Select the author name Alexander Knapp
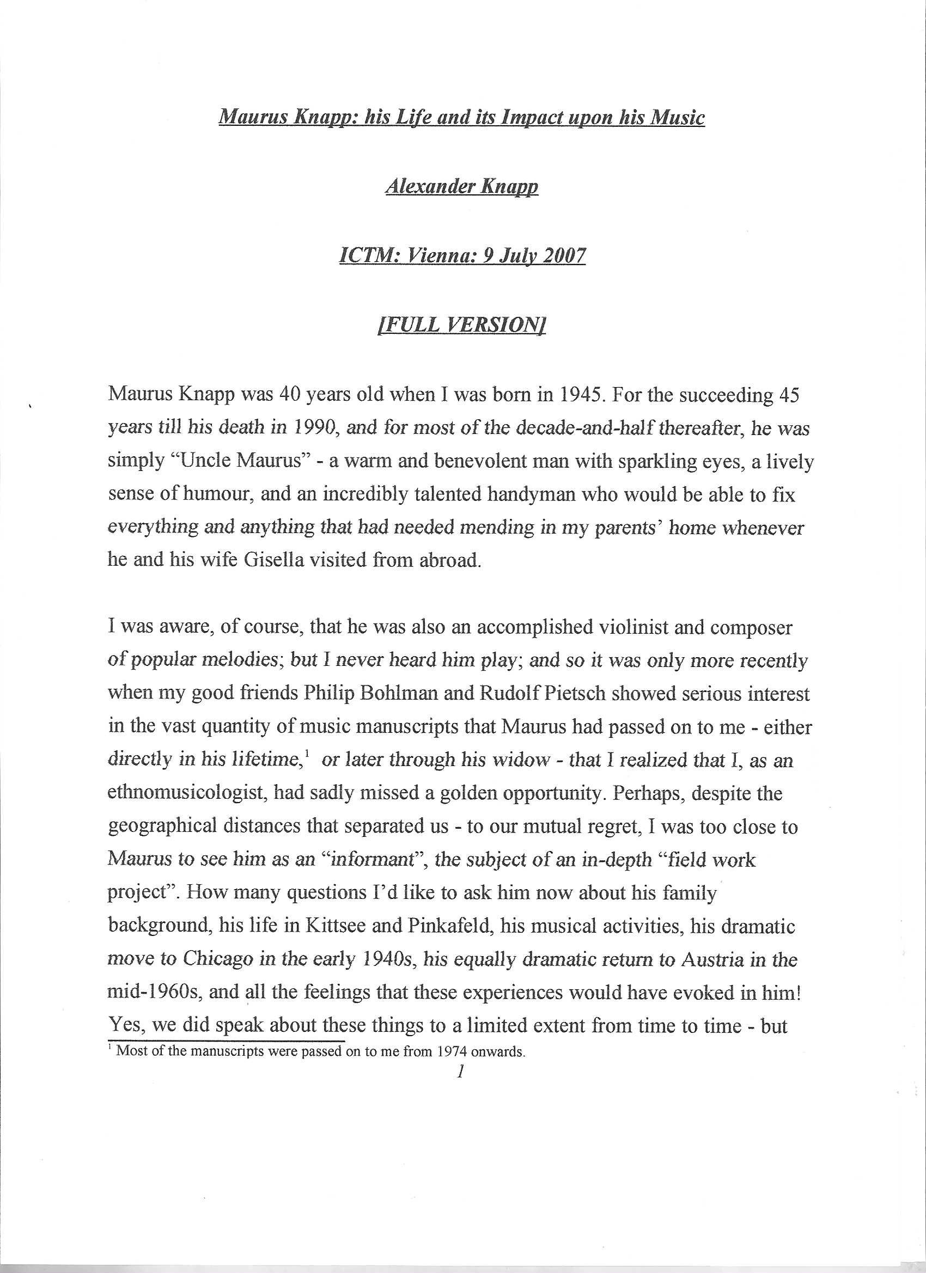click(x=461, y=186)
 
